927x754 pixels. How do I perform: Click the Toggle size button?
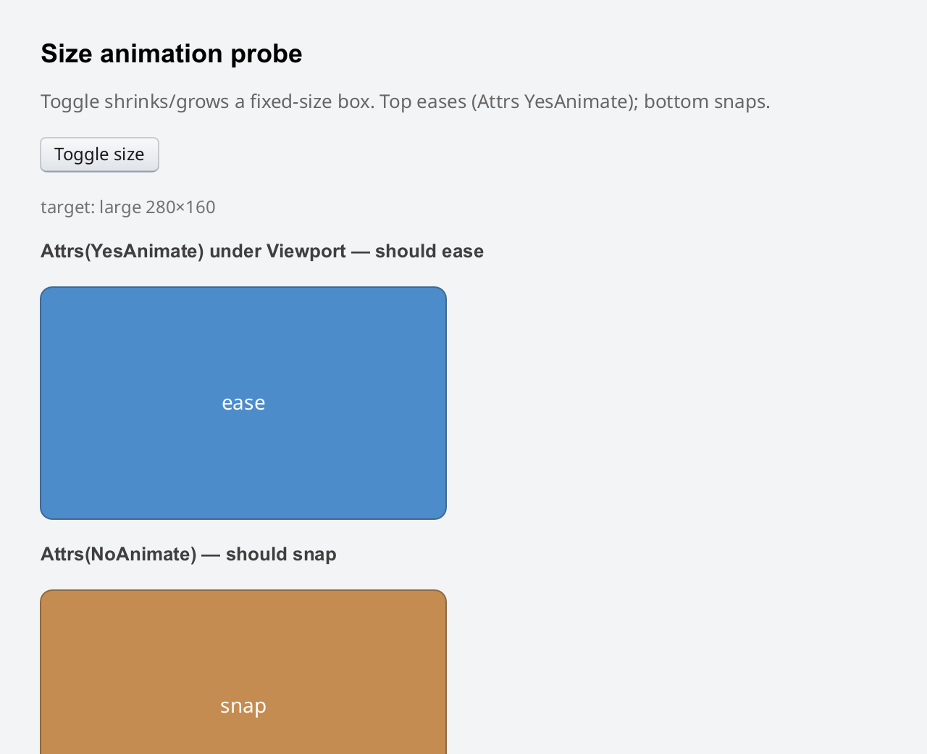[x=100, y=154]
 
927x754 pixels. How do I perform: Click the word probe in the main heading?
[x=267, y=54]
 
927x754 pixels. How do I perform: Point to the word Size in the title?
[x=67, y=54]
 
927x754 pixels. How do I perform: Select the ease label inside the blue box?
[x=243, y=403]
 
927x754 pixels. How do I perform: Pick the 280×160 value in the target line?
[x=180, y=207]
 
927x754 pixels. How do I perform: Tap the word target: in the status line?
[x=67, y=208]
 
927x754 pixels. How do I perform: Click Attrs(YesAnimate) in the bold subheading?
[x=122, y=252]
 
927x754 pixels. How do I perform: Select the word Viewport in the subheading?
[x=306, y=252]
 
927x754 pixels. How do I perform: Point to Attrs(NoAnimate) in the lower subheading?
[x=118, y=555]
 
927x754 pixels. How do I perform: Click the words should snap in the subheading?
[x=281, y=555]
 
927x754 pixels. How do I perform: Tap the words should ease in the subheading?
[x=429, y=252]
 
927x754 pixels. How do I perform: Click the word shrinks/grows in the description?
[x=167, y=102]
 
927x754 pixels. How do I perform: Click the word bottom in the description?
[x=673, y=101]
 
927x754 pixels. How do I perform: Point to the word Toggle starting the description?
[x=70, y=102]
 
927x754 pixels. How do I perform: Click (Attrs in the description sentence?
[x=495, y=102]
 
